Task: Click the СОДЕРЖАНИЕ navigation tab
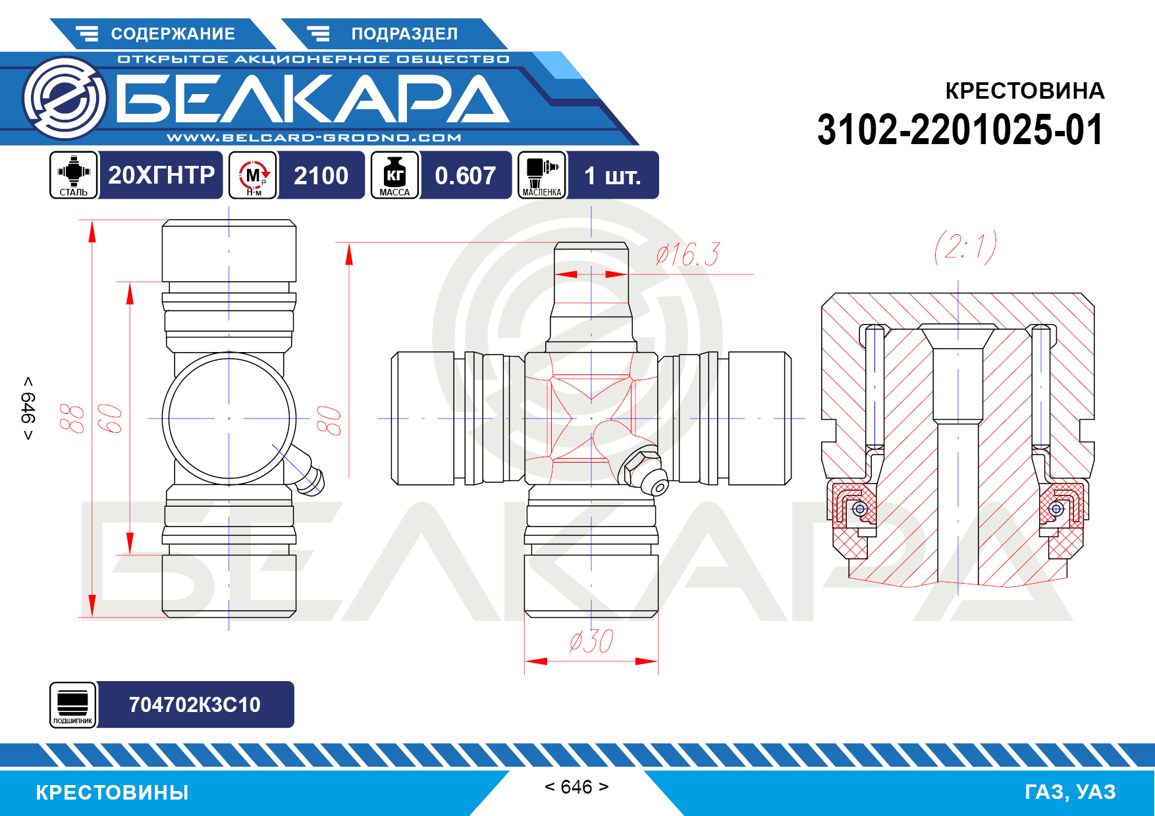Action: (162, 34)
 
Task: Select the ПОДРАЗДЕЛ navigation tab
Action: (394, 34)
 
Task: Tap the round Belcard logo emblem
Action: (65, 99)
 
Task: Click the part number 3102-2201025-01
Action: (960, 130)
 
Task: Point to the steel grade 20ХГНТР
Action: (161, 175)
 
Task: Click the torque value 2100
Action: (321, 176)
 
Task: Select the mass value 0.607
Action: (465, 176)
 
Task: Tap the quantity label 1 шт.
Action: (612, 176)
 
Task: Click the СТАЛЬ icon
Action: (74, 175)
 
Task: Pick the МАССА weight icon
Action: (394, 175)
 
